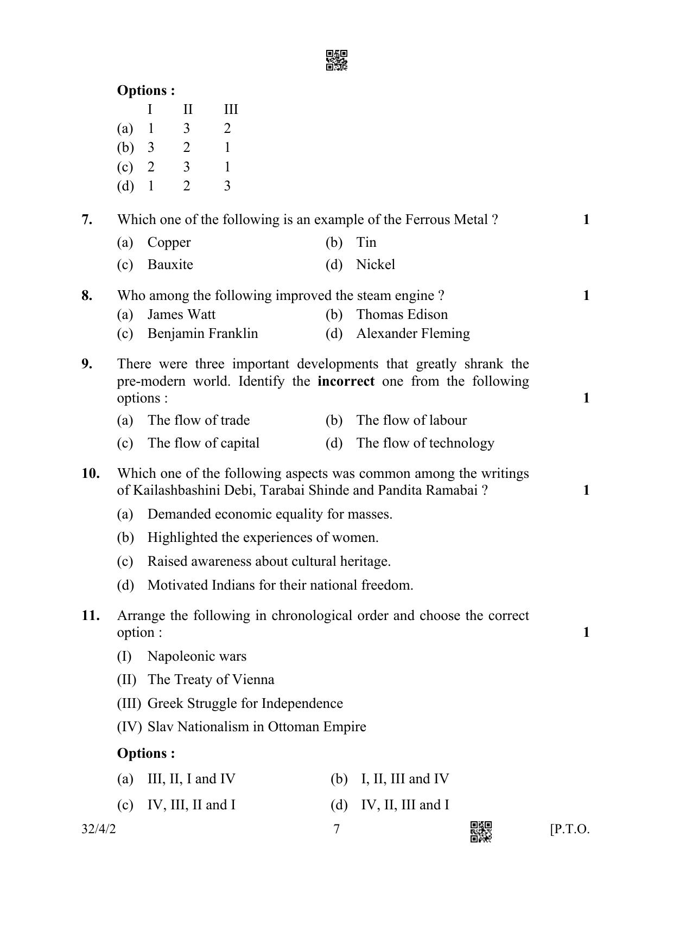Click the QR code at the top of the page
(x=336, y=61)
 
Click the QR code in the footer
(x=481, y=832)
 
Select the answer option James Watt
(x=181, y=315)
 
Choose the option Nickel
(x=376, y=265)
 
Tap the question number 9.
(x=87, y=363)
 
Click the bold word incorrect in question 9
(x=346, y=381)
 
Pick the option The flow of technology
(x=425, y=443)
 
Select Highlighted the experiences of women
(x=263, y=538)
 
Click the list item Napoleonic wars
(x=196, y=656)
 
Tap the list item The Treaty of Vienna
(x=211, y=680)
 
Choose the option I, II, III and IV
(x=405, y=779)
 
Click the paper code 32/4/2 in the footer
(x=99, y=829)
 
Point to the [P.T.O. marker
(x=569, y=829)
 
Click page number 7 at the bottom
(x=336, y=829)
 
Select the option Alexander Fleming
(x=412, y=334)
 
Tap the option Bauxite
(x=170, y=265)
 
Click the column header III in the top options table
(x=231, y=110)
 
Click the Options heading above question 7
(x=146, y=91)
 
